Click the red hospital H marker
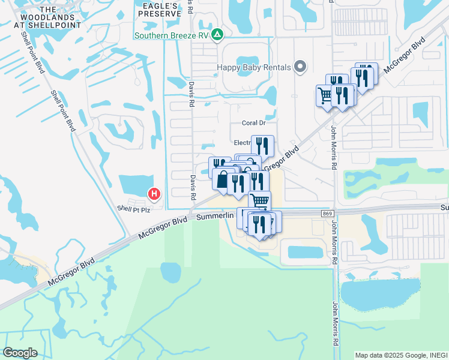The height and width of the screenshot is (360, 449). (154, 194)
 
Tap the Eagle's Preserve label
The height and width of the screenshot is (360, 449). (159, 9)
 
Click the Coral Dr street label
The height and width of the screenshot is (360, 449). (253, 123)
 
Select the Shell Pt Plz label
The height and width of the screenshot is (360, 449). (133, 208)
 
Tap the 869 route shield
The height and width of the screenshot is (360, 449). (327, 214)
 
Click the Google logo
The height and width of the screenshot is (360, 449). (20, 353)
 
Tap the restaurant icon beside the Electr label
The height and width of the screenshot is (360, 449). (262, 145)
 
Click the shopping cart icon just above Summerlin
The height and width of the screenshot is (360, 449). (259, 201)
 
